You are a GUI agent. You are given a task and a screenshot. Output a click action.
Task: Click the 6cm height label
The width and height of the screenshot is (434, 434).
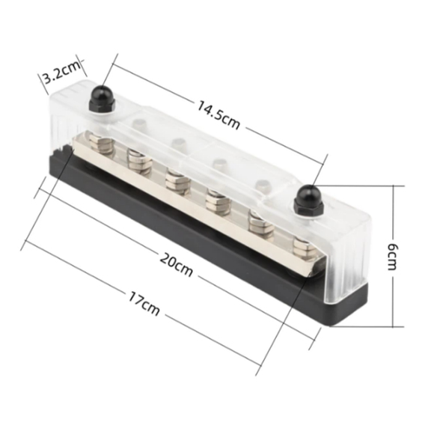[397, 254]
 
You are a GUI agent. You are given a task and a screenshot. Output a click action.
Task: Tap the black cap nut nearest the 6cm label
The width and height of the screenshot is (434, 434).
[305, 200]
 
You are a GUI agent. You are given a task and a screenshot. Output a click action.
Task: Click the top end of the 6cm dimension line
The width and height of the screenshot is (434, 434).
[395, 186]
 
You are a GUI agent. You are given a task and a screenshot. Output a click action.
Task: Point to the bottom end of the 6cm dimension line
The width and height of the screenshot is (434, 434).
[395, 327]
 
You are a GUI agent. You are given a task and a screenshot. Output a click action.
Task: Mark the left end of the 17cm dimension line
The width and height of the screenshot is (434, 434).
[25, 245]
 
